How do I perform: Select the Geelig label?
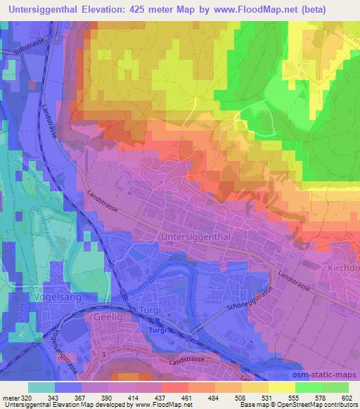(108, 318)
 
